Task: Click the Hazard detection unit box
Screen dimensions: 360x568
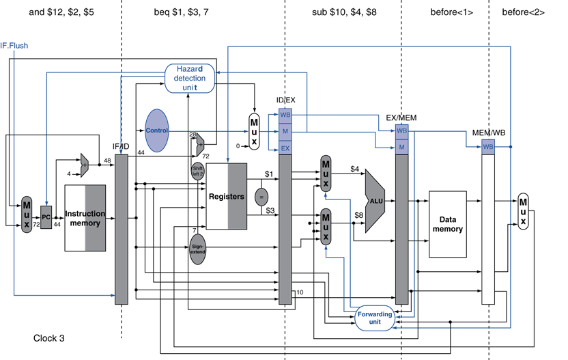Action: tap(190, 79)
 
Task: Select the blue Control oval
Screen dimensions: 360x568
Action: tap(156, 130)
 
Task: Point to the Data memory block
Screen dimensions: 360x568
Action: tap(447, 224)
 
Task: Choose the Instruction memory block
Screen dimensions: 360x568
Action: tap(85, 218)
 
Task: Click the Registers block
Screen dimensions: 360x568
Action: tap(226, 197)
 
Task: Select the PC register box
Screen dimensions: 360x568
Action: tap(46, 217)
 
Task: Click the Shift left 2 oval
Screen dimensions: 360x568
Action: tap(197, 170)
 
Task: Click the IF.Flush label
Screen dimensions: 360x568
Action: tap(14, 46)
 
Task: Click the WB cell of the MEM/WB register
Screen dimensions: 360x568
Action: tap(488, 146)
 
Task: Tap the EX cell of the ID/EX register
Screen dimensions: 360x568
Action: tap(285, 147)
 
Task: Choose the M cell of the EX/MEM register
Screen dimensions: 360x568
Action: tap(401, 146)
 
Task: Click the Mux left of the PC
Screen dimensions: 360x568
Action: tap(27, 214)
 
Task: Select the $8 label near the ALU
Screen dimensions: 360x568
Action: tap(358, 216)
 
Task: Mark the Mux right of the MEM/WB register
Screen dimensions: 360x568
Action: tap(524, 210)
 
